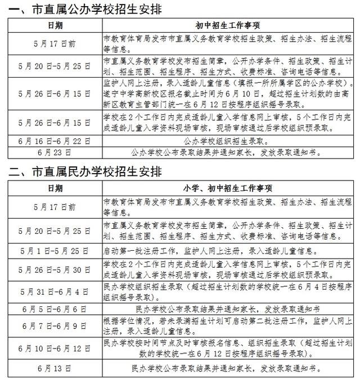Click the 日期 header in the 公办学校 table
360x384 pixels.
point(55,26)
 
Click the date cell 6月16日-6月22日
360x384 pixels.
point(55,142)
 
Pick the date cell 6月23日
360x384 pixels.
point(55,152)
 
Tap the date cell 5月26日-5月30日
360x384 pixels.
point(55,269)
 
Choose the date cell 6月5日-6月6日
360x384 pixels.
point(55,309)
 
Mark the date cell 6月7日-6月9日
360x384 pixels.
point(55,326)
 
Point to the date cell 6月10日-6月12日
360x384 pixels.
point(55,349)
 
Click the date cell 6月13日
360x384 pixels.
point(55,370)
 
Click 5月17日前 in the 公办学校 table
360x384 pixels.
point(55,42)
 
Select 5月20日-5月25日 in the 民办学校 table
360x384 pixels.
point(55,231)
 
